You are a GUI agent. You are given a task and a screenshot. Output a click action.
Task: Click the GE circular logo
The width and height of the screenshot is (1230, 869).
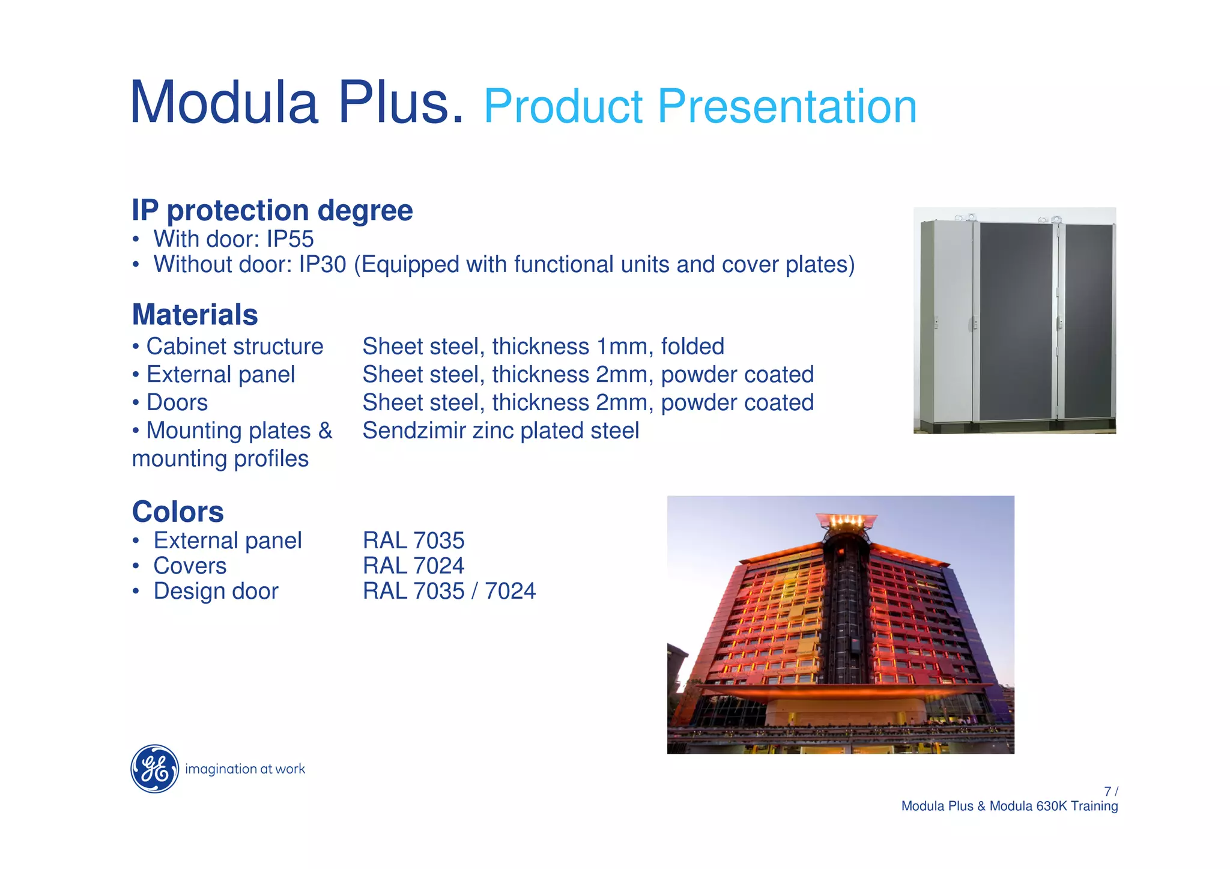tap(154, 769)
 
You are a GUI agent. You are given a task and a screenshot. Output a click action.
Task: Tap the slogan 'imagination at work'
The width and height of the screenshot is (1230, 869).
tap(245, 769)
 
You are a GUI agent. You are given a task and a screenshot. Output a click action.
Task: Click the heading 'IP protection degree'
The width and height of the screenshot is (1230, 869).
tap(272, 210)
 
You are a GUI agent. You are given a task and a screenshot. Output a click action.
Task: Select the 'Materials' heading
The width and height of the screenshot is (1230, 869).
tap(195, 315)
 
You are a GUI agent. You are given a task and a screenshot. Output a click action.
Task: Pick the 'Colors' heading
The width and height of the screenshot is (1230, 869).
tap(178, 512)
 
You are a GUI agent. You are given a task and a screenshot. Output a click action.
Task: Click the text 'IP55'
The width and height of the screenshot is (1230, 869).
tap(290, 239)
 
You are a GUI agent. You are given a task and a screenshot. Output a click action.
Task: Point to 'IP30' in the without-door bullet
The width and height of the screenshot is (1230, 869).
tap(323, 264)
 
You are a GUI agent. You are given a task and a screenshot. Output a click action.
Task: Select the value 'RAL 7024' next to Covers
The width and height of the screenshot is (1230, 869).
tap(413, 566)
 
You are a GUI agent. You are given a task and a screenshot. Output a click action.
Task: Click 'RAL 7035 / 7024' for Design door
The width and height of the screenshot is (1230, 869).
tap(449, 591)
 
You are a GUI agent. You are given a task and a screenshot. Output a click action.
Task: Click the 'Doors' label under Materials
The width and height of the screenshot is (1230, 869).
tap(177, 402)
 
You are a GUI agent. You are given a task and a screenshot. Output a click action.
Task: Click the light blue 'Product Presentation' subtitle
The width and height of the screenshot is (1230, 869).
tap(700, 106)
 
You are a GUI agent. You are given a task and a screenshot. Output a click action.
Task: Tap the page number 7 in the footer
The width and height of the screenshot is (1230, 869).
tap(1107, 792)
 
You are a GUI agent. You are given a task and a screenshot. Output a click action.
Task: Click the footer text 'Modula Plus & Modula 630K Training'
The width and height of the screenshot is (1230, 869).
tap(1009, 806)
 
